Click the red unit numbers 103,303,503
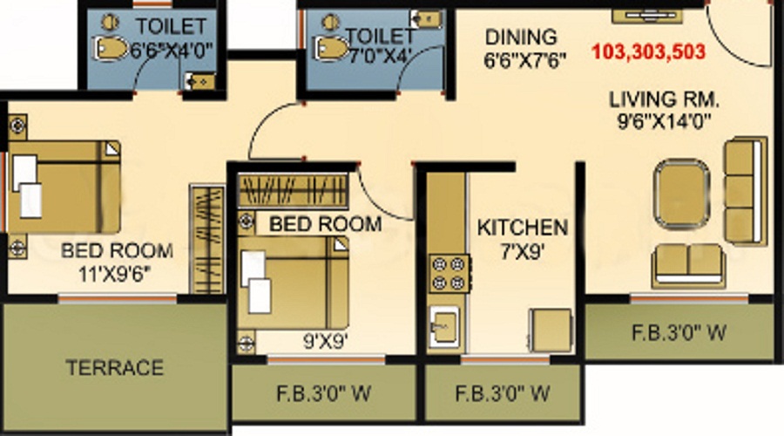click(648, 51)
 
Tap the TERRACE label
click(114, 368)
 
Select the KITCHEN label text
click(523, 228)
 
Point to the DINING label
click(521, 37)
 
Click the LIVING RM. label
click(664, 99)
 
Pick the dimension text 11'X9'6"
click(114, 275)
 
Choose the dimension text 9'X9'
click(326, 342)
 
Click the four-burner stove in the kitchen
click(449, 273)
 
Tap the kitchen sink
click(444, 326)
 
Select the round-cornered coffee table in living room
click(681, 194)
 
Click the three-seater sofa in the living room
click(745, 191)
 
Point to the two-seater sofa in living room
click(688, 266)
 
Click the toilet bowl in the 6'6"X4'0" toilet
click(111, 49)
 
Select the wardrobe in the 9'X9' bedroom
click(293, 191)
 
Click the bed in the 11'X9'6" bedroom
click(64, 187)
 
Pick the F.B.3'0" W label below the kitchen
click(503, 393)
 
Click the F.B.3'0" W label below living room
click(679, 333)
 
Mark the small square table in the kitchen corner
click(551, 330)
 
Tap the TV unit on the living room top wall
click(647, 16)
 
